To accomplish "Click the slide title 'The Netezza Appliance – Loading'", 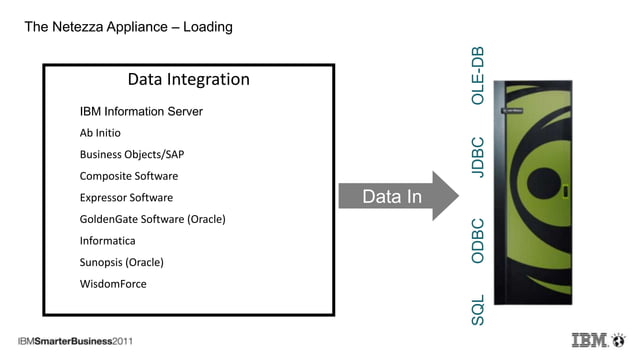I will coord(128,27).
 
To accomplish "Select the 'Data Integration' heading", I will coord(189,79).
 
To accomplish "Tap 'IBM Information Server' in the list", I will coord(141,111).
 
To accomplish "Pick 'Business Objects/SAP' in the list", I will coord(131,155).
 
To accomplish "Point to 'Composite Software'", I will coord(128,176).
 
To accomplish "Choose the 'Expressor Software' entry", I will coord(126,198).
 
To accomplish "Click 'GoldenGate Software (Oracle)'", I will coord(152,219).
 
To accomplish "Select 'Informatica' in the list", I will coord(107,241).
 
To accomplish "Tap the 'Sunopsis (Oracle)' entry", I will coord(121,262).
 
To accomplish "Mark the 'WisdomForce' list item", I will coord(112,284).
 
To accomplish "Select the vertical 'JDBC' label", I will coord(478,158).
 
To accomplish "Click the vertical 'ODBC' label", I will coord(478,241).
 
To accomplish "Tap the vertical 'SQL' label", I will coord(478,309).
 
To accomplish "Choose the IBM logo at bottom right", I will coord(594,340).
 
